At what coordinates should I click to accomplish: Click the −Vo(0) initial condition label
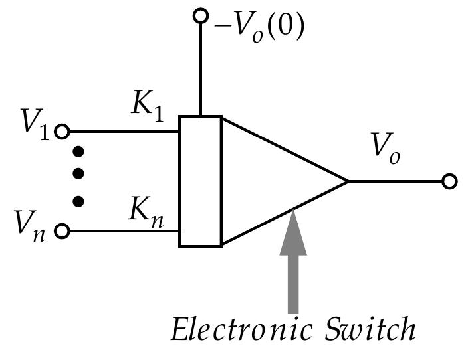259,27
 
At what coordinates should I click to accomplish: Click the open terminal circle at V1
62,132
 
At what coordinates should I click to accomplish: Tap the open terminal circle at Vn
62,231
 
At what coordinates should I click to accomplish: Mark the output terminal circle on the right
450,181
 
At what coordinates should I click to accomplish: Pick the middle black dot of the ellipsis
78,174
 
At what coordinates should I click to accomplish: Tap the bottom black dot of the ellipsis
78,199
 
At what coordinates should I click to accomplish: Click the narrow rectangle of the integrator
200,181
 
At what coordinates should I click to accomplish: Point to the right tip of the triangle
347,181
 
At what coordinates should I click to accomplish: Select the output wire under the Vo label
396,181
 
